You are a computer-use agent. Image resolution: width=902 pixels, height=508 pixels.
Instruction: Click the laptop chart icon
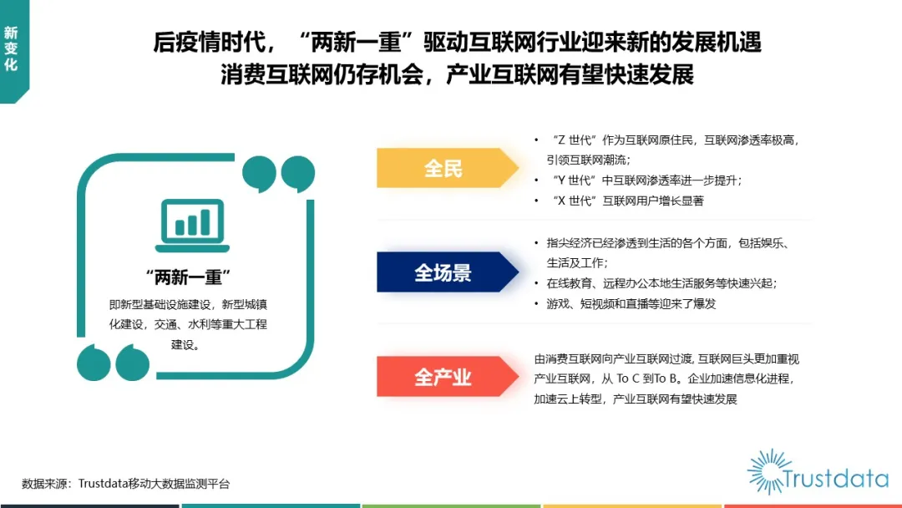point(192,226)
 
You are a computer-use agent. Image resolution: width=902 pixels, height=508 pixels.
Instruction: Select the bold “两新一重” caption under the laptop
point(188,277)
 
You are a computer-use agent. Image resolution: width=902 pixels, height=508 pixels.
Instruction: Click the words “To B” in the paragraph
point(666,378)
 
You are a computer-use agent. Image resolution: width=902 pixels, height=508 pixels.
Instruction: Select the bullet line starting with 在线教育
point(661,283)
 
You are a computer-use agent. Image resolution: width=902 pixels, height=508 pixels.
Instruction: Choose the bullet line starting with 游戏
point(631,304)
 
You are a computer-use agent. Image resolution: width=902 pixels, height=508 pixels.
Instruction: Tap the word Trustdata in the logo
point(835,479)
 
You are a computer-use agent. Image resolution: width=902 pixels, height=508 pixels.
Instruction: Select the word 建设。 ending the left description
point(185,344)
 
